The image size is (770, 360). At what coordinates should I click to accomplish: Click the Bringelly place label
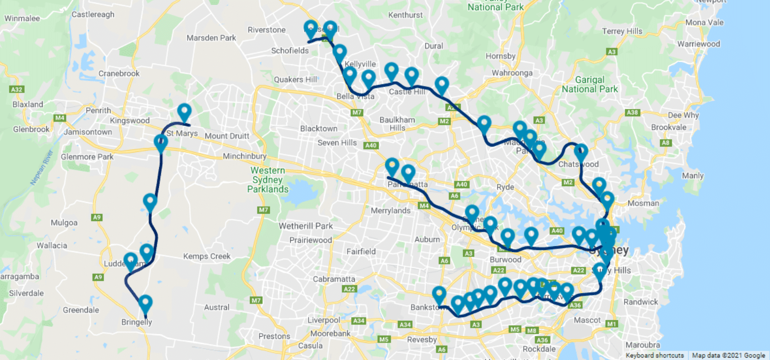point(137,322)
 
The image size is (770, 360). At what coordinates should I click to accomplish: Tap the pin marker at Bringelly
point(145,303)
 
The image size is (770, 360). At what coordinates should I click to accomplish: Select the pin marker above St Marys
point(184,112)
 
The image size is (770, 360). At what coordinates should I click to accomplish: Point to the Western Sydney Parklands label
point(268,180)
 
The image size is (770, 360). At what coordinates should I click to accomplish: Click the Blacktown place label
point(318,129)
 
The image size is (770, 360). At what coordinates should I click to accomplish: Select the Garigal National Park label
point(590,84)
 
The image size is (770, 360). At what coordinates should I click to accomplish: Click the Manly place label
point(692,176)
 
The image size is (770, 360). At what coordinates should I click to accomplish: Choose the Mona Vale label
point(704,23)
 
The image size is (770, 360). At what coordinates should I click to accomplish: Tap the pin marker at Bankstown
point(439,295)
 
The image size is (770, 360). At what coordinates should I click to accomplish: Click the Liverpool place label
point(323,320)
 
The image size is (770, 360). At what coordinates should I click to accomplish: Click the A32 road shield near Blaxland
point(17,90)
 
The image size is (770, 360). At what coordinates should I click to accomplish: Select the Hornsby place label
point(501,56)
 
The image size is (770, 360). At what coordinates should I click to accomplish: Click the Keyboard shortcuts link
point(655,356)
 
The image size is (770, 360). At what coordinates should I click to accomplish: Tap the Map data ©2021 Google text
point(729,356)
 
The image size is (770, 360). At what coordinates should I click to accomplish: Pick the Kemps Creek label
point(207,257)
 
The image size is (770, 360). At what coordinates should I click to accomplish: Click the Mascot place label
point(587,320)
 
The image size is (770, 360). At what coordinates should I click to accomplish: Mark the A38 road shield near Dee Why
point(632,113)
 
